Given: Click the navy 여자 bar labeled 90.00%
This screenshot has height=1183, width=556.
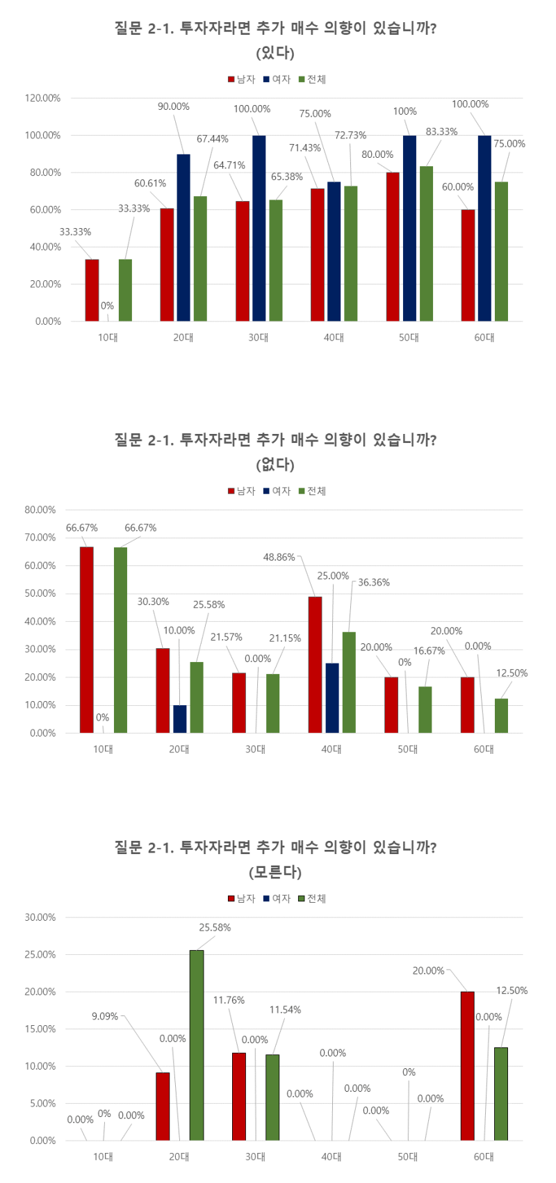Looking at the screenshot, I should [x=183, y=237].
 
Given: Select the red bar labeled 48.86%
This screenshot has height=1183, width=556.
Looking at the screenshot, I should [x=316, y=664].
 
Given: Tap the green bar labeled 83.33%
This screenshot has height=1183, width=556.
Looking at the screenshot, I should [x=426, y=243].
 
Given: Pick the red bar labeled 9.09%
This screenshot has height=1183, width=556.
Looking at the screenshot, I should [x=163, y=1106].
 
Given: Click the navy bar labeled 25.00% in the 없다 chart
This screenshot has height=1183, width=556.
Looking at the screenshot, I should [x=332, y=698].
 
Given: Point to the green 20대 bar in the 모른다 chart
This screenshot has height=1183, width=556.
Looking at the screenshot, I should [x=197, y=1045].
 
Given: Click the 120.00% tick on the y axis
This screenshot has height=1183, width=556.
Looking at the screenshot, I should [x=43, y=98].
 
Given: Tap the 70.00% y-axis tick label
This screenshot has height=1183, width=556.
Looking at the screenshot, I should [x=40, y=538].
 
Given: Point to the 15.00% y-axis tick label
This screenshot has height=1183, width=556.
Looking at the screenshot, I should [x=40, y=1029].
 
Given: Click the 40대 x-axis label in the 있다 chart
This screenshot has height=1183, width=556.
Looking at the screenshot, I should [x=334, y=337].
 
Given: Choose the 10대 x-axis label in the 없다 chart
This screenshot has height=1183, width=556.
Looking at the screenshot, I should [x=103, y=749].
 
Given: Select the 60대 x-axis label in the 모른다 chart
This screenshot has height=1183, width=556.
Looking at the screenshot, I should [x=484, y=1157].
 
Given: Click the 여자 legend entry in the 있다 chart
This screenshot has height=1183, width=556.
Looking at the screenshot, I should [x=277, y=79].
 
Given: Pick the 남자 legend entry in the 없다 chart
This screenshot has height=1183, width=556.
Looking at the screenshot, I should [x=242, y=491].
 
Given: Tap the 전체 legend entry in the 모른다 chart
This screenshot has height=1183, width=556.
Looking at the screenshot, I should [x=312, y=899].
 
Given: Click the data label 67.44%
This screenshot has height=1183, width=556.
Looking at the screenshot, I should [x=212, y=139].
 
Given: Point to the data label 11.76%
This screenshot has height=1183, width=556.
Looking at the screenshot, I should [x=229, y=1000].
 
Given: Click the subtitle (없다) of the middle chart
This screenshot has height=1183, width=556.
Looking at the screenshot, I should [x=275, y=465].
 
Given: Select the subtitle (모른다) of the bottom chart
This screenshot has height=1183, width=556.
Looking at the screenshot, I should [x=275, y=872].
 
